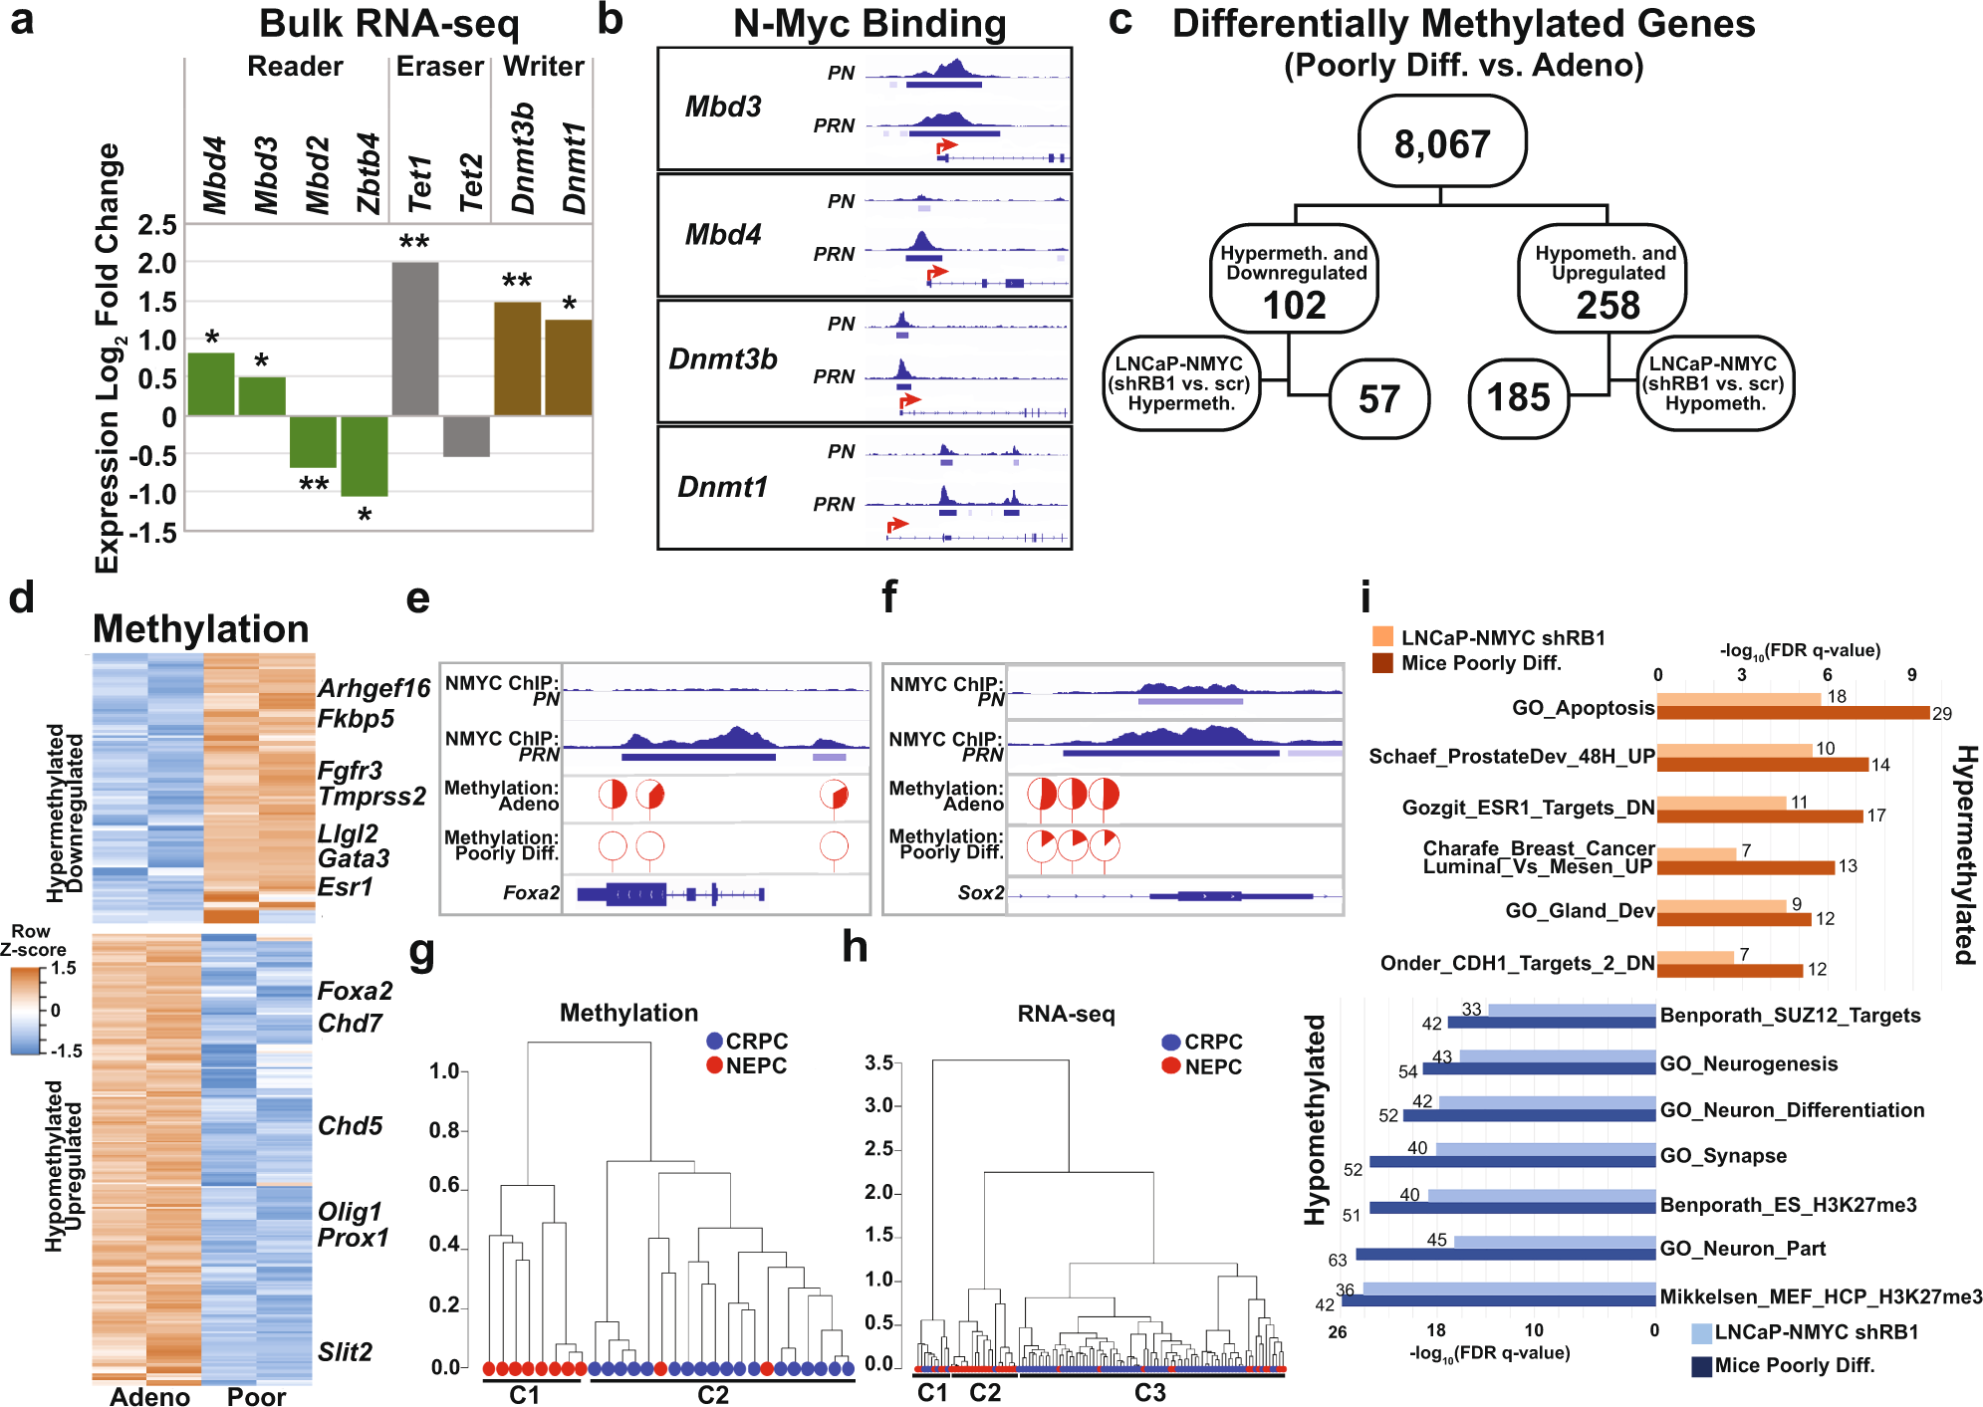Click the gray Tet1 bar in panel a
point(415,339)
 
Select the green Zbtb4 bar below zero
point(365,456)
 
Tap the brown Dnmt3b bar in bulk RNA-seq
point(517,358)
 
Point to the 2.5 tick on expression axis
point(157,225)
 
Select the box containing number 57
point(1378,399)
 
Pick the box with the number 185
point(1518,398)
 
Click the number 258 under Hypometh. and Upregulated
point(1608,306)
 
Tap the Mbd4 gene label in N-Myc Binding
point(723,235)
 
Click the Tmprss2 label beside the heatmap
point(372,797)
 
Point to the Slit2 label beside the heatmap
point(345,1352)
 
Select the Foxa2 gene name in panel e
point(531,893)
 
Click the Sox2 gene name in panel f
point(981,893)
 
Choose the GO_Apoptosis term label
point(1583,708)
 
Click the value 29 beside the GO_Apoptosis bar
point(1941,714)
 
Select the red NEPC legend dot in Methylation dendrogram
point(714,1065)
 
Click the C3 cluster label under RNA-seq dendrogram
point(1149,1393)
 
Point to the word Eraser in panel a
point(439,67)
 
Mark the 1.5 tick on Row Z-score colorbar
point(63,968)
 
